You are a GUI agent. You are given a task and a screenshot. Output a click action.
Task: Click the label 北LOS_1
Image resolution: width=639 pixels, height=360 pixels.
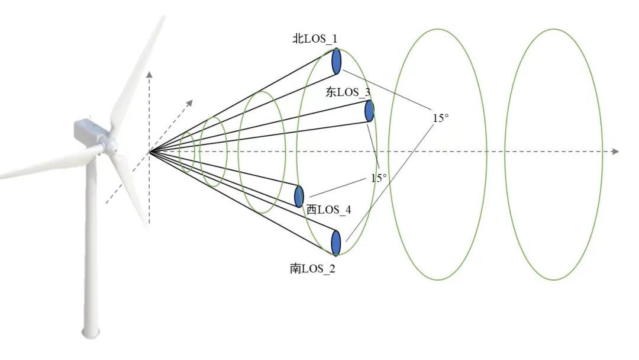click(315, 40)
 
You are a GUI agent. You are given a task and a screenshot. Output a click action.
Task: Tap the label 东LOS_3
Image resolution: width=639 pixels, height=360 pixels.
click(348, 92)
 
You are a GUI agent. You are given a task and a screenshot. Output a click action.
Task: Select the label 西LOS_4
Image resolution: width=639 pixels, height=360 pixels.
click(328, 210)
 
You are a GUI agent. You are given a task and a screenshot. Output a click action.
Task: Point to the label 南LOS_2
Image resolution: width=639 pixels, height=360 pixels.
click(312, 268)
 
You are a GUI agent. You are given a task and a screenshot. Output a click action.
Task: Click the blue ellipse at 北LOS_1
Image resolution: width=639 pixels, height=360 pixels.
click(337, 61)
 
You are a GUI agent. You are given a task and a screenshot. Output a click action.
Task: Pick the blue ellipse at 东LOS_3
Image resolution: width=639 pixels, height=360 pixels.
click(370, 111)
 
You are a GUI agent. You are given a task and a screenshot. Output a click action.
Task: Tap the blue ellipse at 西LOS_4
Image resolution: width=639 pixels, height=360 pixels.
click(299, 196)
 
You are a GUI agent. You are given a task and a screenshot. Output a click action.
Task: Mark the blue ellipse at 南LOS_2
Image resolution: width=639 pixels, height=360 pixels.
click(336, 242)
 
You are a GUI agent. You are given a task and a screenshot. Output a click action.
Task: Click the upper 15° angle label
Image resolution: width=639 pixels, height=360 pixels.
click(441, 118)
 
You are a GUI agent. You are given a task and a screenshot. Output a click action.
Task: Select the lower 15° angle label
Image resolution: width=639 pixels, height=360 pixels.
click(379, 178)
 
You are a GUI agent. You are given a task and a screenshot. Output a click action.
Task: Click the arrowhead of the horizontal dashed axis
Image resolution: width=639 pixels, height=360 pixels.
click(615, 152)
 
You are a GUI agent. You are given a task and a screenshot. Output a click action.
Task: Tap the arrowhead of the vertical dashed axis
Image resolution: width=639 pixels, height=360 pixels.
click(150, 74)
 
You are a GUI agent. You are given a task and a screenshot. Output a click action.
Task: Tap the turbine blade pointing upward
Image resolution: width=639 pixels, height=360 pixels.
click(139, 71)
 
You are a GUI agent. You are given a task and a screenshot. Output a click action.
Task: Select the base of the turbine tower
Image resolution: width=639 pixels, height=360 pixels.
click(91, 332)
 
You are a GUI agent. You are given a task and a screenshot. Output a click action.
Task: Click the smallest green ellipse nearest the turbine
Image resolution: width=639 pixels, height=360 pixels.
click(187, 152)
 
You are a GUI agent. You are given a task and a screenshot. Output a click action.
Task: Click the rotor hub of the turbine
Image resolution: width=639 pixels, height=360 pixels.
click(109, 144)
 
